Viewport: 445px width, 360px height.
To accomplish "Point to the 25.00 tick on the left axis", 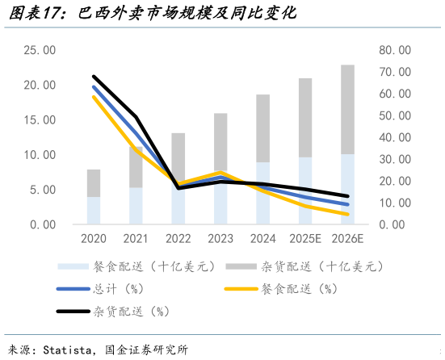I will pyautogui.click(x=40, y=50).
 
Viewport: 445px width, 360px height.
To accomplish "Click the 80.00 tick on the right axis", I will pyautogui.click(x=395, y=50).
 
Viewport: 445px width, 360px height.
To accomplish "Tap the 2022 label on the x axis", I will pyautogui.click(x=178, y=239).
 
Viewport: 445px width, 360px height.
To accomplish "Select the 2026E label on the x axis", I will pyautogui.click(x=346, y=239).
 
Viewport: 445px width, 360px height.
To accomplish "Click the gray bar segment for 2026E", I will pyautogui.click(x=346, y=109).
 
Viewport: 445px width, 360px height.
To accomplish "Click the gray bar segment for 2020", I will pyautogui.click(x=94, y=183).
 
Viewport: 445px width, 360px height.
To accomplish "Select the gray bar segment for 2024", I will pyautogui.click(x=262, y=128).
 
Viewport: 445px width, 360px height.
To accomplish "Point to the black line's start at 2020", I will pyautogui.click(x=94, y=77).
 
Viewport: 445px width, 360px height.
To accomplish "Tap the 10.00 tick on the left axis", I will pyautogui.click(x=40, y=155).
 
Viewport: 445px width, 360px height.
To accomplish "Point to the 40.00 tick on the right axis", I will pyautogui.click(x=395, y=137).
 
